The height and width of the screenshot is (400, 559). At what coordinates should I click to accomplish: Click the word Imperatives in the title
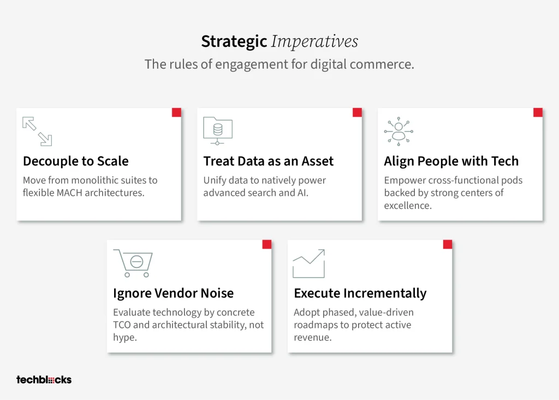(314, 41)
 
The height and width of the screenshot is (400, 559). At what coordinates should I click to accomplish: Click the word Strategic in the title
(234, 41)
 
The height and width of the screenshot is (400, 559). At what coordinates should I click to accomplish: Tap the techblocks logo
(44, 380)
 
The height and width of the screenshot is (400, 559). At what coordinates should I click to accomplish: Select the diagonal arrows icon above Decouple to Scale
(37, 131)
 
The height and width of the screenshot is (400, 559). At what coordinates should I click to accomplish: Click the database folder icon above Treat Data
(218, 131)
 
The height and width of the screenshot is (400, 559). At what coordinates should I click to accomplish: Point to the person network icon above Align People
(399, 131)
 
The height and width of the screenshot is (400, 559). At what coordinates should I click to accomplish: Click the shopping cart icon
(133, 263)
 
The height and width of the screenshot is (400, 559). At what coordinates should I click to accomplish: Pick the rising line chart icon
(309, 264)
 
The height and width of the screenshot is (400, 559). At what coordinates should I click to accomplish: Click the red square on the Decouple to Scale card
(176, 112)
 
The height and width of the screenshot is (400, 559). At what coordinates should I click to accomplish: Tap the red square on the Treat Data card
(357, 112)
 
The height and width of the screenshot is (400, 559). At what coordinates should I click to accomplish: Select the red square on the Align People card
(538, 112)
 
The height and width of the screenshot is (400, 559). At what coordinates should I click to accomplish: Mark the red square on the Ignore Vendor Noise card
(266, 244)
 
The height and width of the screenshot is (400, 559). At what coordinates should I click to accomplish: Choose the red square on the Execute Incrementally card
(448, 244)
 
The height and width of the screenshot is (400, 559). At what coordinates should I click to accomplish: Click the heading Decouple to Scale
(75, 161)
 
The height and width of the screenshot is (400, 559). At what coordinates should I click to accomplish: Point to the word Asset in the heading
(317, 161)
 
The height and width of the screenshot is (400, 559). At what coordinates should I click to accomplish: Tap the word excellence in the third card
(407, 206)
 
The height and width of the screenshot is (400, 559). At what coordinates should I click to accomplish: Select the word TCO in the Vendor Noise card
(122, 325)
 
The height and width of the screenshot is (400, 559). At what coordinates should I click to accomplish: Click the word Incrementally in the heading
(385, 294)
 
